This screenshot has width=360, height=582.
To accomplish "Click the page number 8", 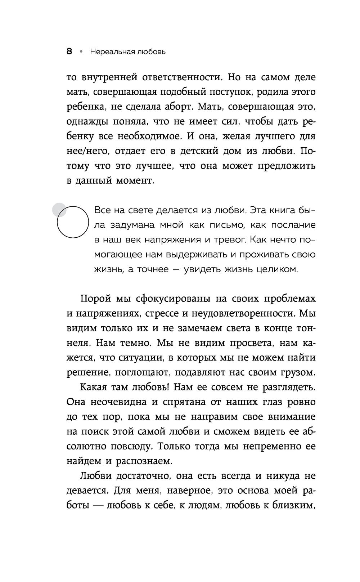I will tap(69, 52).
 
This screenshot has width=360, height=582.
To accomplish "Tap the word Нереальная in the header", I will tap(112, 52).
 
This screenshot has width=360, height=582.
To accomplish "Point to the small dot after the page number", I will tap(81, 52).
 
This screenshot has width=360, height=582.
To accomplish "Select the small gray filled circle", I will tap(59, 210).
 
